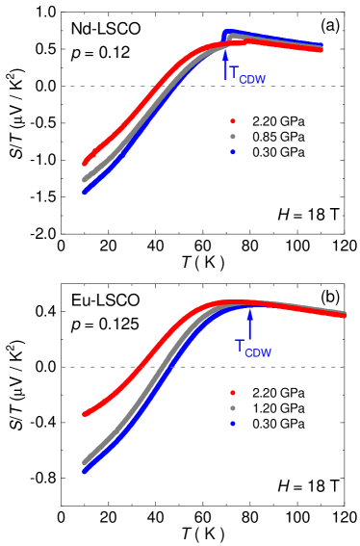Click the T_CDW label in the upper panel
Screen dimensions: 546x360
tap(246, 74)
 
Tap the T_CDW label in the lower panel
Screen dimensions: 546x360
tap(252, 348)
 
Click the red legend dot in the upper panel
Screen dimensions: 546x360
tap(233, 121)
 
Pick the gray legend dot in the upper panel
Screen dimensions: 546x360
tap(233, 137)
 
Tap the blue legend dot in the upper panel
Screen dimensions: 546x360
tap(233, 152)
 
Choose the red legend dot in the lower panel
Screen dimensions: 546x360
tap(233, 393)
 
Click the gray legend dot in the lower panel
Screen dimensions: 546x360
tap(233, 408)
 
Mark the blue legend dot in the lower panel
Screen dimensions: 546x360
tap(233, 424)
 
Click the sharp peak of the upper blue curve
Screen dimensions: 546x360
tap(226, 34)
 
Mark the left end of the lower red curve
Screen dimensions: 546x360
tap(86, 414)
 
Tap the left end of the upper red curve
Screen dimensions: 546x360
tap(86, 162)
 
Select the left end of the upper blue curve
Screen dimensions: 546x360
tap(85, 192)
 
